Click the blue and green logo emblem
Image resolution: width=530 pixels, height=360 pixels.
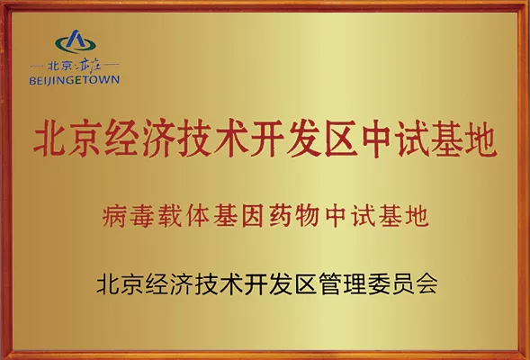[75, 41]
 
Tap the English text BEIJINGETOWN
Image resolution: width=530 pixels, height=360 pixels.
[75, 80]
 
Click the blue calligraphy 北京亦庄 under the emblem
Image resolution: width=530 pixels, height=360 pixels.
[75, 65]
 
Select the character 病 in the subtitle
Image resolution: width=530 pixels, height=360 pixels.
[114, 216]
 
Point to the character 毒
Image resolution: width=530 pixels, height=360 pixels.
[141, 216]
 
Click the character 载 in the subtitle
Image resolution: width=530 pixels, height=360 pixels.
[170, 216]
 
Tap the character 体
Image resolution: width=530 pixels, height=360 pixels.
[197, 216]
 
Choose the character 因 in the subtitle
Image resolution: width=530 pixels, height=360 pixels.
[253, 216]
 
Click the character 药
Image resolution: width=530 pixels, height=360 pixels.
[280, 216]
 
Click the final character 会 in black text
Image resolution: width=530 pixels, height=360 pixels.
[427, 283]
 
